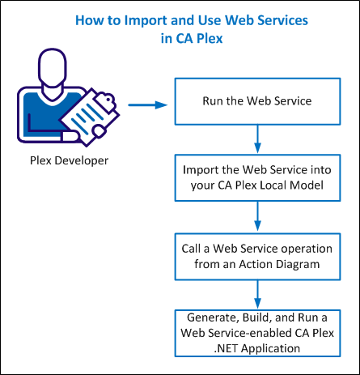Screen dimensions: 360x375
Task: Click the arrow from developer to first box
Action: [148, 104]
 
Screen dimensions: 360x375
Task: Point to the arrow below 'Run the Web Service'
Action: [257, 139]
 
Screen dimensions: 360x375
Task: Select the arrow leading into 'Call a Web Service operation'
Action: [257, 216]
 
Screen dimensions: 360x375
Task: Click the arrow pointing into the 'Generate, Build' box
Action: [257, 294]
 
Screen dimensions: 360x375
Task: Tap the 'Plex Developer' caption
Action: [69, 161]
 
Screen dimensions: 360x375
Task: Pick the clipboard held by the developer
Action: [89, 117]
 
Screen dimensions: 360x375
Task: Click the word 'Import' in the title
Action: [146, 21]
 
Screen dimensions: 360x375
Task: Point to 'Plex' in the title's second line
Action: [210, 38]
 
